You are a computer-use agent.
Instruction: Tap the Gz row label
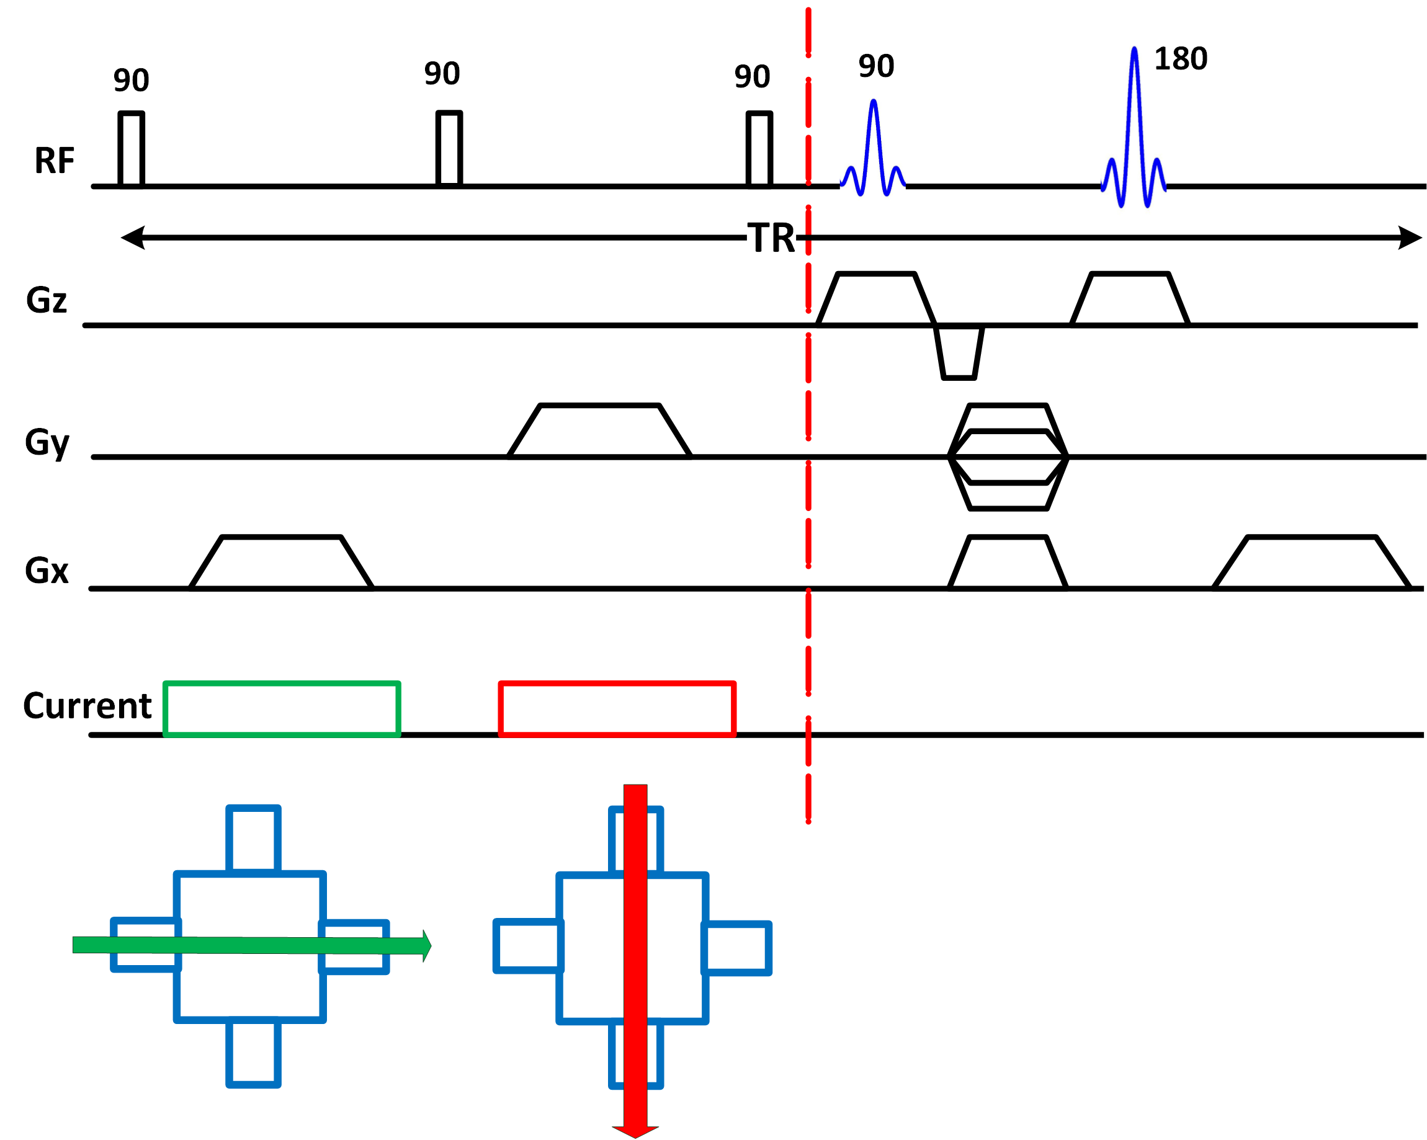coord(47,300)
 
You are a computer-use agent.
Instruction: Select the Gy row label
coord(47,443)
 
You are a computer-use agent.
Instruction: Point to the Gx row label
coord(47,571)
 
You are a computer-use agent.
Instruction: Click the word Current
coord(87,705)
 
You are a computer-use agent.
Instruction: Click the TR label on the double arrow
coord(771,238)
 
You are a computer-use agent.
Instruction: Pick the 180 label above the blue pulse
coord(1181,59)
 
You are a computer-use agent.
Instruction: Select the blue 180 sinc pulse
coord(1134,127)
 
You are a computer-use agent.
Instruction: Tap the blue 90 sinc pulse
coord(873,148)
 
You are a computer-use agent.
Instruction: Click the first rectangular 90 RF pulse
coord(131,149)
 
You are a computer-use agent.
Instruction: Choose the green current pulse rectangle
coord(282,708)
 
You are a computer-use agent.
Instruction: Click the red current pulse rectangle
coord(617,708)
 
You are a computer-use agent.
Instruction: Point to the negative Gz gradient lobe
coord(959,353)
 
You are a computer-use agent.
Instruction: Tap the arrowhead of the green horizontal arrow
coord(427,945)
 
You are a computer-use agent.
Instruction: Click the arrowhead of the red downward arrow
coord(635,1132)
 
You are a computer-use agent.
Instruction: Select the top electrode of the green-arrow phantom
coord(254,839)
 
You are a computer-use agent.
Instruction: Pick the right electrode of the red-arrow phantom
coord(736,948)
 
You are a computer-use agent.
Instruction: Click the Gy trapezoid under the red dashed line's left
coord(600,430)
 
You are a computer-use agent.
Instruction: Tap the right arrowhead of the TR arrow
coord(1410,238)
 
